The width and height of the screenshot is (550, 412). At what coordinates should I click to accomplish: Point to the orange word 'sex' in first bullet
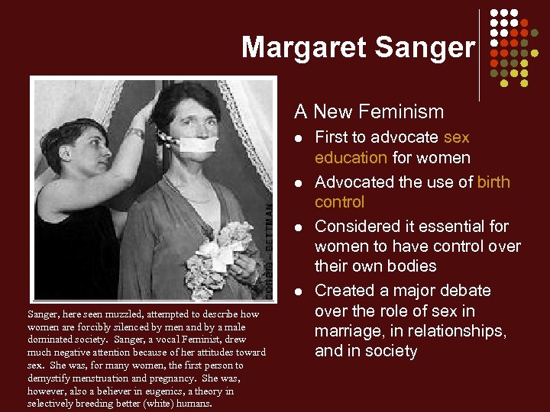[x=456, y=137]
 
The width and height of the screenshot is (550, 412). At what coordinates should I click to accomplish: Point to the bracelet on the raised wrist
[x=137, y=132]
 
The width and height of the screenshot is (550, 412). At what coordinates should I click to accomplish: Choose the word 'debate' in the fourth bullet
[x=461, y=291]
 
